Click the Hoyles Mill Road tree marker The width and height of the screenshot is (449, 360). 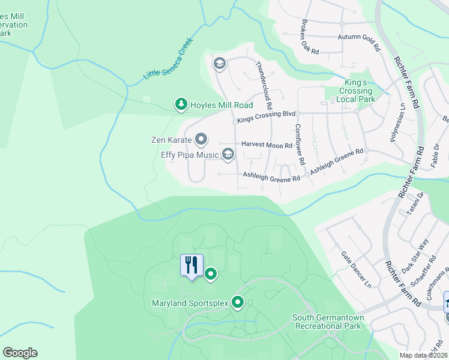(x=181, y=104)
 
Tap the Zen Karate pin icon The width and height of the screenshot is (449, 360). (x=201, y=140)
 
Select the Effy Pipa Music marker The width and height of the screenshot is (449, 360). (x=228, y=155)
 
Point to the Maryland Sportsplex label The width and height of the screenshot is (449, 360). (x=190, y=303)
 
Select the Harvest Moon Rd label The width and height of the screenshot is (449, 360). (x=267, y=145)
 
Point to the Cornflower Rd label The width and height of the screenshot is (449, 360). (x=300, y=145)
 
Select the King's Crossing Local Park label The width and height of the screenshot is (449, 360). (x=355, y=91)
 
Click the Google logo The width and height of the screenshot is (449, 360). (x=20, y=352)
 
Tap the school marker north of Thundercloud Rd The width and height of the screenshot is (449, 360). (x=219, y=63)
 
